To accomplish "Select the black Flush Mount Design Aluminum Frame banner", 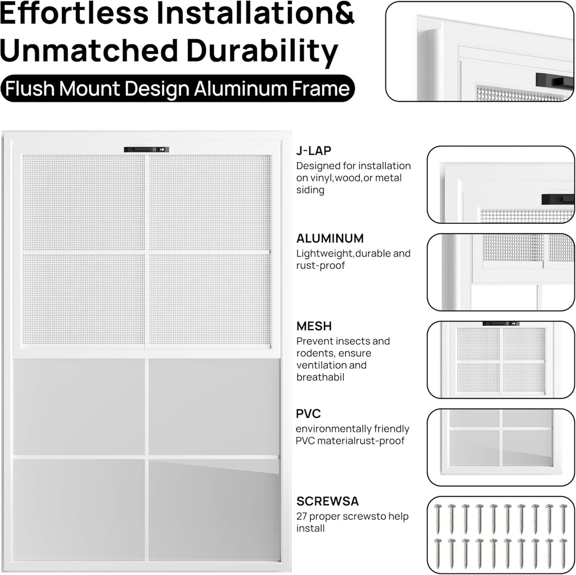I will point(178,89).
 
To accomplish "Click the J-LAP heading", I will point(314,150).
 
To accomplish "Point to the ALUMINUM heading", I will point(330,238).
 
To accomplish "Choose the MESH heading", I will point(314,326).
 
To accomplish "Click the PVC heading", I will point(308,414).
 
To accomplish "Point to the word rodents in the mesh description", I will point(313,353).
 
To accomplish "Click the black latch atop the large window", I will point(146,149).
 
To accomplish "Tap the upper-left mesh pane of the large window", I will point(83,203).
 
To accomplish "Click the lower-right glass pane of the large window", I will point(214,509).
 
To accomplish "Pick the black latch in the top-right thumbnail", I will point(553,80).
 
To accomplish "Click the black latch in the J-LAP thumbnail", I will point(557,199).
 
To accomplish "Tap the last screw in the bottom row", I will point(563,553).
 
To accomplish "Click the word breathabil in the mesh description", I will point(320,378).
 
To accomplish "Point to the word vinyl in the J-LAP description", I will point(321,178).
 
